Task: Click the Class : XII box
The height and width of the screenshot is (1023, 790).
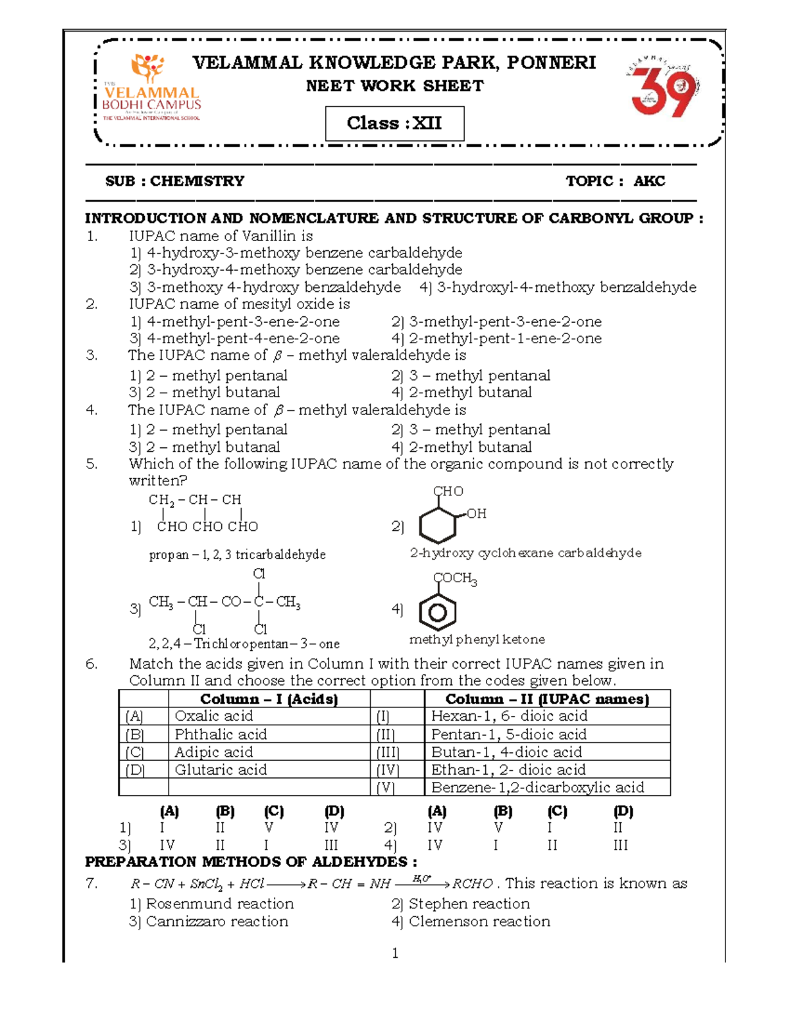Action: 394,123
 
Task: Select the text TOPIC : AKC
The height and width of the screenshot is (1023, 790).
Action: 615,181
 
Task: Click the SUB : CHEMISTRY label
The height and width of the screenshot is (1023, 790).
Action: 174,181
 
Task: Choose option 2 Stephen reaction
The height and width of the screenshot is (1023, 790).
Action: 460,904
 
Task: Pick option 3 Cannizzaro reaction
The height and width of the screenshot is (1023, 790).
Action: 209,922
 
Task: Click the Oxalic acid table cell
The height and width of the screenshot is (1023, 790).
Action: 213,716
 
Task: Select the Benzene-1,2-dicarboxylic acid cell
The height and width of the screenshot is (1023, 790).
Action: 537,787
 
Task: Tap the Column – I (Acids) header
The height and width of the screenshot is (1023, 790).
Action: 269,699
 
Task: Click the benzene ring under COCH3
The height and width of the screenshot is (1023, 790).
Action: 438,613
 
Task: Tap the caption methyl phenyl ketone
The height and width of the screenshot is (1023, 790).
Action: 477,640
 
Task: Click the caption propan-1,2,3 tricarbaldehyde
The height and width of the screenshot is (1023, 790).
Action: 237,555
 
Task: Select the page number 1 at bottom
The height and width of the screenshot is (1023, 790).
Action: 395,953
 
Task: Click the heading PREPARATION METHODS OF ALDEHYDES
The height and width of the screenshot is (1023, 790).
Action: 250,862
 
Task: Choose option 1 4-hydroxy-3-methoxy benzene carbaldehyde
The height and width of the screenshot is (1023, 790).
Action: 296,253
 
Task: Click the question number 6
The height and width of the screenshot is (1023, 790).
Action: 92,664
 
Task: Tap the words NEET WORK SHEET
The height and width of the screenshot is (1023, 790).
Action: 394,86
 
